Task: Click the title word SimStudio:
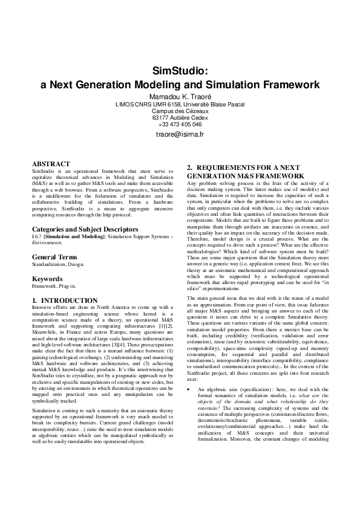click(x=180, y=71)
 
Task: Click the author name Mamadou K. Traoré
click(x=180, y=96)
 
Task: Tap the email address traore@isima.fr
click(x=180, y=134)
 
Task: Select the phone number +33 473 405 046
click(x=180, y=125)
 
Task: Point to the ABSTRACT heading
click(x=51, y=164)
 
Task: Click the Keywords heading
click(x=47, y=279)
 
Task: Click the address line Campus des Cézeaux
click(x=180, y=111)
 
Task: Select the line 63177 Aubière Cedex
click(x=180, y=118)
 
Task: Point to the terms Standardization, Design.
click(x=58, y=264)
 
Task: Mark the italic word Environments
click(x=48, y=243)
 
